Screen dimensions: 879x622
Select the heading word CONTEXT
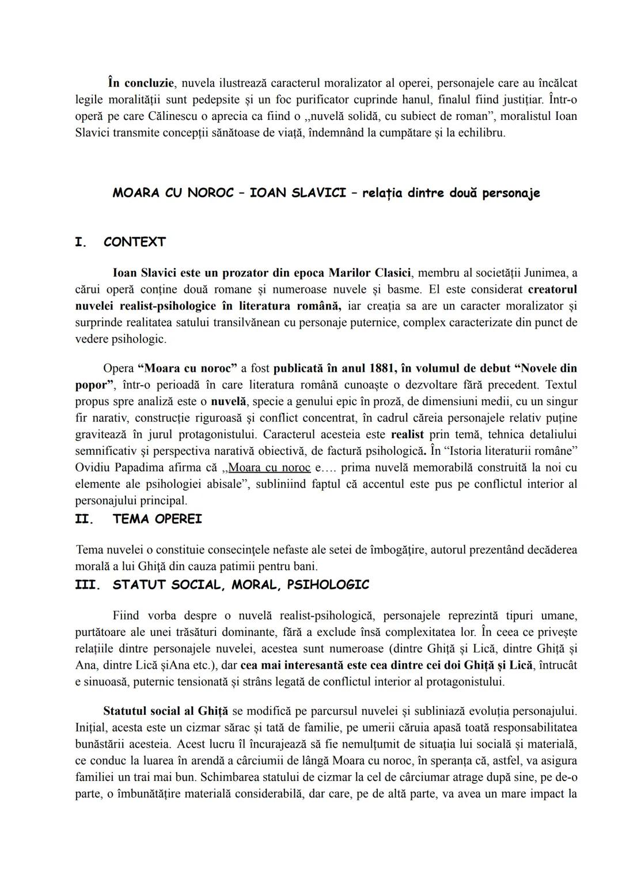pos(134,242)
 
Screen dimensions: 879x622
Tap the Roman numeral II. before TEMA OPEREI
pos(84,519)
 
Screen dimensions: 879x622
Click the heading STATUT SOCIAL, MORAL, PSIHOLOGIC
pos(241,585)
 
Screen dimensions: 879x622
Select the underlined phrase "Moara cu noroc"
pos(270,467)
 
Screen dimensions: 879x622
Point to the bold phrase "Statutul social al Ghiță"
pos(166,711)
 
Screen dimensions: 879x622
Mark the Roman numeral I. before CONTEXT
pos(81,242)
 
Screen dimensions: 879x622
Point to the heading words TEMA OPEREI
pos(157,519)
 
